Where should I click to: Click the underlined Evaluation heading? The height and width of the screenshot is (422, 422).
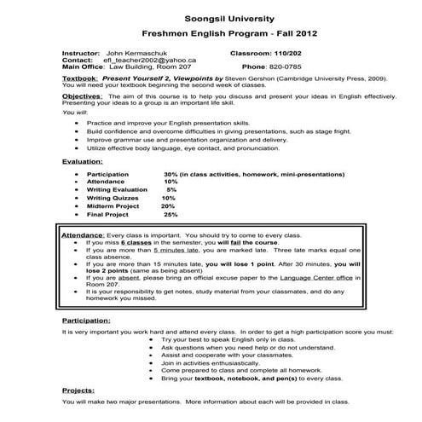point(83,161)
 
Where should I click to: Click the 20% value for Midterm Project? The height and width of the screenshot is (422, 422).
point(168,206)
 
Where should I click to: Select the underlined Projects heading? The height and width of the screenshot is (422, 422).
point(78,390)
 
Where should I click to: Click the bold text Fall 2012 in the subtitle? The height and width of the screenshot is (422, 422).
point(294,36)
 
